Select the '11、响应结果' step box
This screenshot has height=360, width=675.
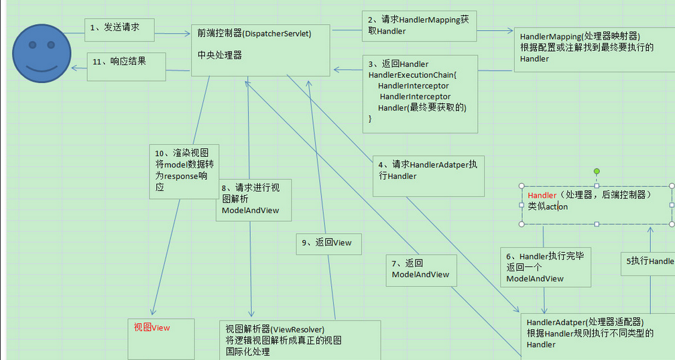[125, 65]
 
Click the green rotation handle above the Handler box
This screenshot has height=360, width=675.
[596, 172]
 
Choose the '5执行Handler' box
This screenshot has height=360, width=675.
[648, 261]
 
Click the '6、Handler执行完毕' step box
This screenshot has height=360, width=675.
[546, 267]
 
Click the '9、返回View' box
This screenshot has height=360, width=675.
[328, 243]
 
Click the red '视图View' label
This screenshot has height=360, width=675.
[151, 328]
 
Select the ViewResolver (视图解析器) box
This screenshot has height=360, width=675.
[300, 339]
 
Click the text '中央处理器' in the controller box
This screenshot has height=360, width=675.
[220, 55]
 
